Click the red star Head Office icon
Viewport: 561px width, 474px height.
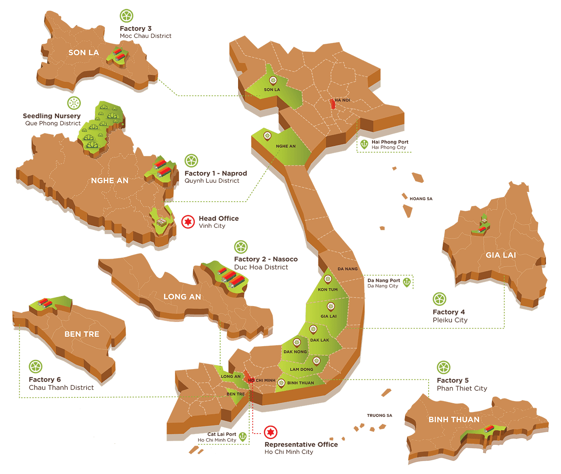point(188,222)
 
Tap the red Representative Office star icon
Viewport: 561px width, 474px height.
point(270,432)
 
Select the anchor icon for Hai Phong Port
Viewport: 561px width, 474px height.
point(364,144)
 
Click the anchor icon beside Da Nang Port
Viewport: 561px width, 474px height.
point(407,282)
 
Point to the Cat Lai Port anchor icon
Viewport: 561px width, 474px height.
point(242,437)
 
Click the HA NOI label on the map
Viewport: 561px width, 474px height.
point(343,100)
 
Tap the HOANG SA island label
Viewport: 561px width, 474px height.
point(421,199)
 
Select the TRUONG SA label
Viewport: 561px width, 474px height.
point(379,416)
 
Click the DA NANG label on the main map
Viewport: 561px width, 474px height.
point(348,269)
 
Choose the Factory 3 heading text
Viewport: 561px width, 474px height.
point(136,28)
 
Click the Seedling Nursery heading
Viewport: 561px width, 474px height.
point(52,116)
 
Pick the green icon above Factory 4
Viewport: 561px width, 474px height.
point(439,299)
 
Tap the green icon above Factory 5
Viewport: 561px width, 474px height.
point(444,368)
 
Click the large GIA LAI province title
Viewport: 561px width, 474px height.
point(501,255)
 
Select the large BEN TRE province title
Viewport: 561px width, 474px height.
point(82,334)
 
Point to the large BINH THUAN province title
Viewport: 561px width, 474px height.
point(454,419)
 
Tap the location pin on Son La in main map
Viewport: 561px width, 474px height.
point(273,80)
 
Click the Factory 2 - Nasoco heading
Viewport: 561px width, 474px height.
point(266,259)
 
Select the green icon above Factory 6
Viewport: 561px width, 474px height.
point(36,367)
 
